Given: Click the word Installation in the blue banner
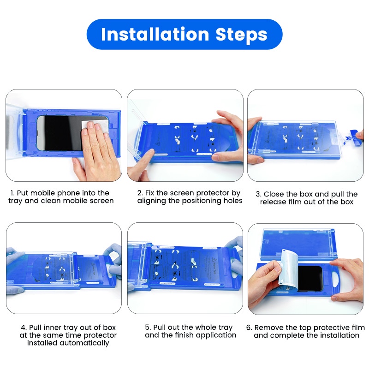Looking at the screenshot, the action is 155,34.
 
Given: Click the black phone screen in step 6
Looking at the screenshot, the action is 310,279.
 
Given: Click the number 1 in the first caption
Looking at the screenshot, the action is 12,193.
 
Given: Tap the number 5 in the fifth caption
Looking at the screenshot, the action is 147,327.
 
